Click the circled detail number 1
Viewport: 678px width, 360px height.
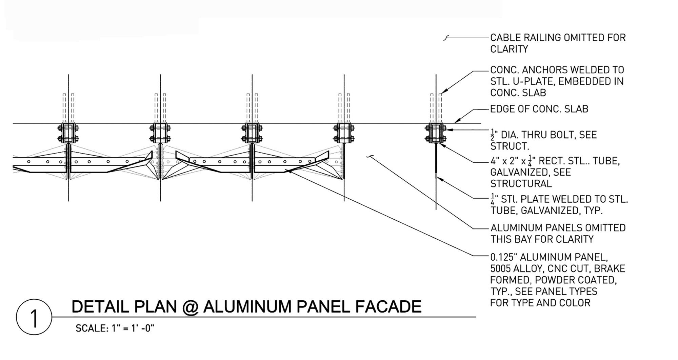[x=34, y=317]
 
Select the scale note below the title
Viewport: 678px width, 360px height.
[x=115, y=328]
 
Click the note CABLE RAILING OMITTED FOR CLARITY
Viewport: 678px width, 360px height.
[x=558, y=43]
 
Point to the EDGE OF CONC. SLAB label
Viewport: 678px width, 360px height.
[x=539, y=109]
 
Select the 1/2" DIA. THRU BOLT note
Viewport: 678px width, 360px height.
[x=543, y=140]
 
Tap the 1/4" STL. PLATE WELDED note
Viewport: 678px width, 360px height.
[x=559, y=204]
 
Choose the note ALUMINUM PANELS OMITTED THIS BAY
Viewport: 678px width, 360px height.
[x=558, y=234]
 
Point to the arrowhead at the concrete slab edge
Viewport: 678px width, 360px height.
[x=456, y=121]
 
